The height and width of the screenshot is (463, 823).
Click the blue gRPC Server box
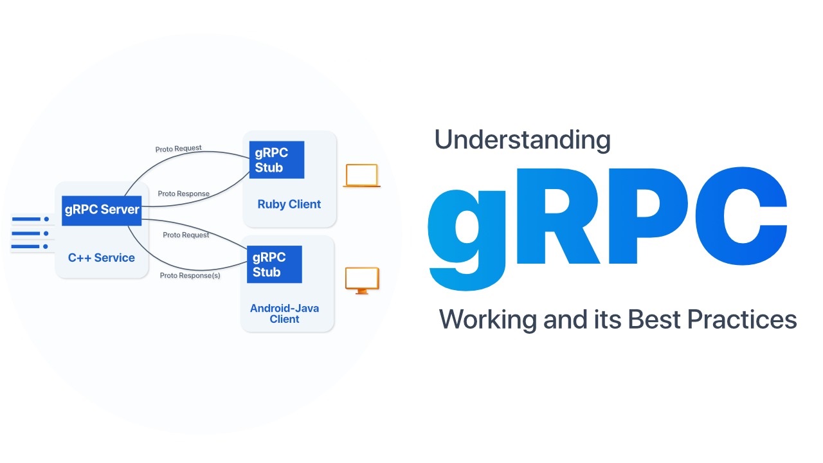point(102,210)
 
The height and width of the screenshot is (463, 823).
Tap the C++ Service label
point(102,258)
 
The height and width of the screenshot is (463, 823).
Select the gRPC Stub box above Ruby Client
point(276,160)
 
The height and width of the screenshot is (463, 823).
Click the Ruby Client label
point(289,204)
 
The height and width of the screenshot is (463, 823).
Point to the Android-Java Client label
point(284,314)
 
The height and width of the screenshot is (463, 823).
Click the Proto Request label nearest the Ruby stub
point(178,149)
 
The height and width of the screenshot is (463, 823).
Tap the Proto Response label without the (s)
point(183,194)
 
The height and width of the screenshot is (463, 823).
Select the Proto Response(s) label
point(190,276)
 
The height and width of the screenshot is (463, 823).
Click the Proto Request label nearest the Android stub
point(186,235)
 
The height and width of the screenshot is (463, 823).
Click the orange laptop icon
point(361,176)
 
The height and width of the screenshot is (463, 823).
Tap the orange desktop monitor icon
point(362,280)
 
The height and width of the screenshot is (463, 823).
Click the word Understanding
point(522,140)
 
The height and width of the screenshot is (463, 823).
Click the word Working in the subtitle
point(489,320)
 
